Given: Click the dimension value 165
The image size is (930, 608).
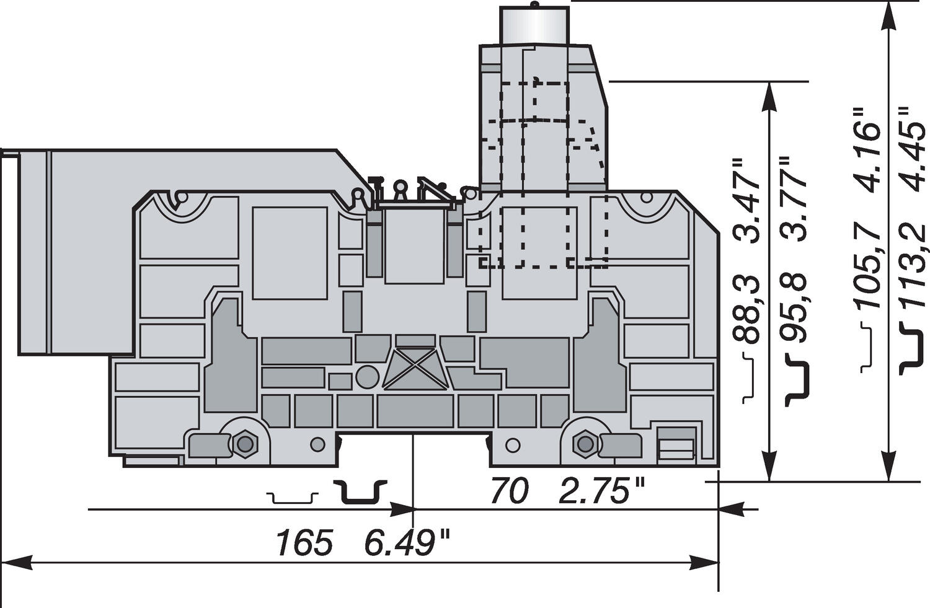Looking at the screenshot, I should [x=304, y=544].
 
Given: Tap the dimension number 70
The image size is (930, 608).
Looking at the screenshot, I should [x=508, y=491].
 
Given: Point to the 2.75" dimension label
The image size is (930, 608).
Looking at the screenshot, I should [x=602, y=491].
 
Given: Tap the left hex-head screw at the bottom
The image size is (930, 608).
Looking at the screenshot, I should [x=245, y=444].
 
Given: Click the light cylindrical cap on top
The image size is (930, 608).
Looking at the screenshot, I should [x=534, y=25].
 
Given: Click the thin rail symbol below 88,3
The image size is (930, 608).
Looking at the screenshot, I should [x=749, y=377].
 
